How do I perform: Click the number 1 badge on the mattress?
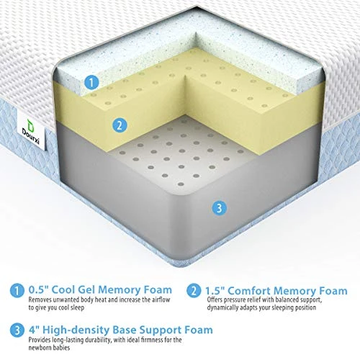point(90,82)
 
